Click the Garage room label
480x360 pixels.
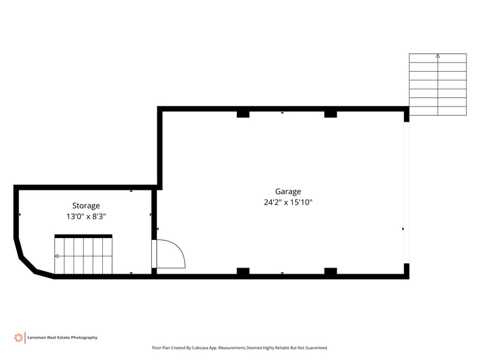point(288,192)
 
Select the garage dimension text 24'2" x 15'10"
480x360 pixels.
point(288,203)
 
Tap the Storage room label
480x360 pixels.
point(86,206)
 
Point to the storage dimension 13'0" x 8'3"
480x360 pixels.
point(86,217)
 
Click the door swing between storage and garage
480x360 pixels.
point(168,253)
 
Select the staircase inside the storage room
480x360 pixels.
point(83,256)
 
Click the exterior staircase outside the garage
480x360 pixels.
point(437,84)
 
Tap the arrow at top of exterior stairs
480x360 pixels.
point(438,56)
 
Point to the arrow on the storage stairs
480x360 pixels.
point(57,256)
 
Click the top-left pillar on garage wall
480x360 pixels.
point(243,114)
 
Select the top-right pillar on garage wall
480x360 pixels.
point(331,114)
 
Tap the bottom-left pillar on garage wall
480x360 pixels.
point(243,271)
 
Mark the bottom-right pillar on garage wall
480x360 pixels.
point(331,271)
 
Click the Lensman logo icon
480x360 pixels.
point(18,337)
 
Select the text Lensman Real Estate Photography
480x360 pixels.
point(62,337)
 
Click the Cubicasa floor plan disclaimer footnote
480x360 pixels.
point(240,348)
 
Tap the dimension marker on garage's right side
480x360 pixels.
point(403,229)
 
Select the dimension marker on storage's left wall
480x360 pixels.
point(20,215)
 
